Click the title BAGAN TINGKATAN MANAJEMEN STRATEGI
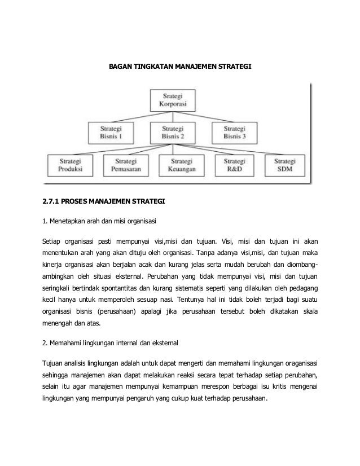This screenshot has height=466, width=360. pyautogui.click(x=180, y=67)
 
